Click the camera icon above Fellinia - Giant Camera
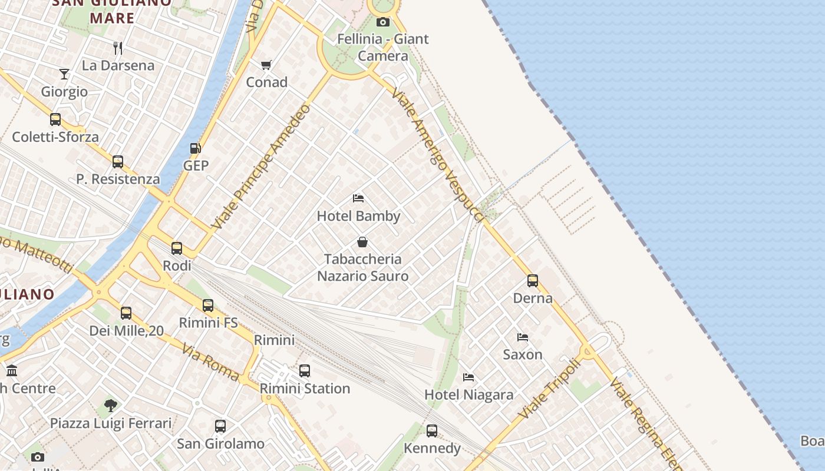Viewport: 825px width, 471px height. tap(383, 22)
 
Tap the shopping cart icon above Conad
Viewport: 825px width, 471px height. tap(266, 65)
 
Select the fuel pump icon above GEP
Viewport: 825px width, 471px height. tap(195, 148)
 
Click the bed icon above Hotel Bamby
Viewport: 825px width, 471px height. tap(358, 198)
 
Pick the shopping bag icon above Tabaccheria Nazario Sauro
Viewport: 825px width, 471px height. tap(362, 242)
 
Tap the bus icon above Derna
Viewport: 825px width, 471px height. tap(533, 281)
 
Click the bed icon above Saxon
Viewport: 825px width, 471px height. tap(523, 337)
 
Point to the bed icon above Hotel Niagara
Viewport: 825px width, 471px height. tap(468, 377)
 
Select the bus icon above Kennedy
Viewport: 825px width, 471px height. tap(432, 431)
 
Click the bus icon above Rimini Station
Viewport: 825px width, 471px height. tap(305, 371)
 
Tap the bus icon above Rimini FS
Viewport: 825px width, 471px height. tap(208, 306)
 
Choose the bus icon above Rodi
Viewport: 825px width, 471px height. tap(177, 248)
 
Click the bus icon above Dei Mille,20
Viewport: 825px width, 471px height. tap(126, 313)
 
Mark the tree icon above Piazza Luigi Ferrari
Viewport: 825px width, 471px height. tap(110, 405)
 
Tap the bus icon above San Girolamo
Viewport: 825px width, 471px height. tap(220, 426)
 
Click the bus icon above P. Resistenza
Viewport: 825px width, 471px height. tap(118, 162)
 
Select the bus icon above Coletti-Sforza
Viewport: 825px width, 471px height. tap(55, 120)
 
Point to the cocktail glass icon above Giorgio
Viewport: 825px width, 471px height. tap(64, 74)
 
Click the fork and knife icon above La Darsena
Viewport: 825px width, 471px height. tap(118, 48)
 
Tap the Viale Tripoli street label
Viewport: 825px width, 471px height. tap(550, 389)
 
